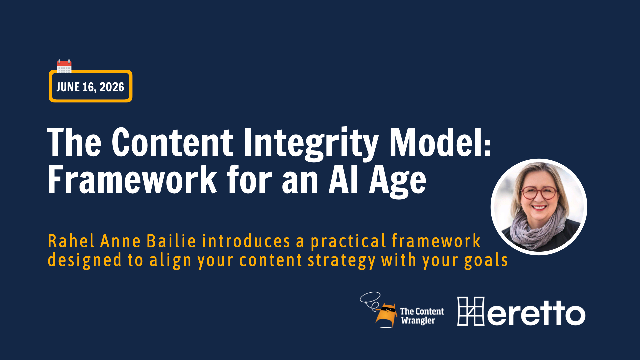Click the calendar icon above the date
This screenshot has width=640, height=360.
[x=64, y=66]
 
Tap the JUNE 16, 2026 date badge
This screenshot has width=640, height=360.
[x=89, y=87]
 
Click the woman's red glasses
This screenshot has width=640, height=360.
[x=537, y=195]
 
